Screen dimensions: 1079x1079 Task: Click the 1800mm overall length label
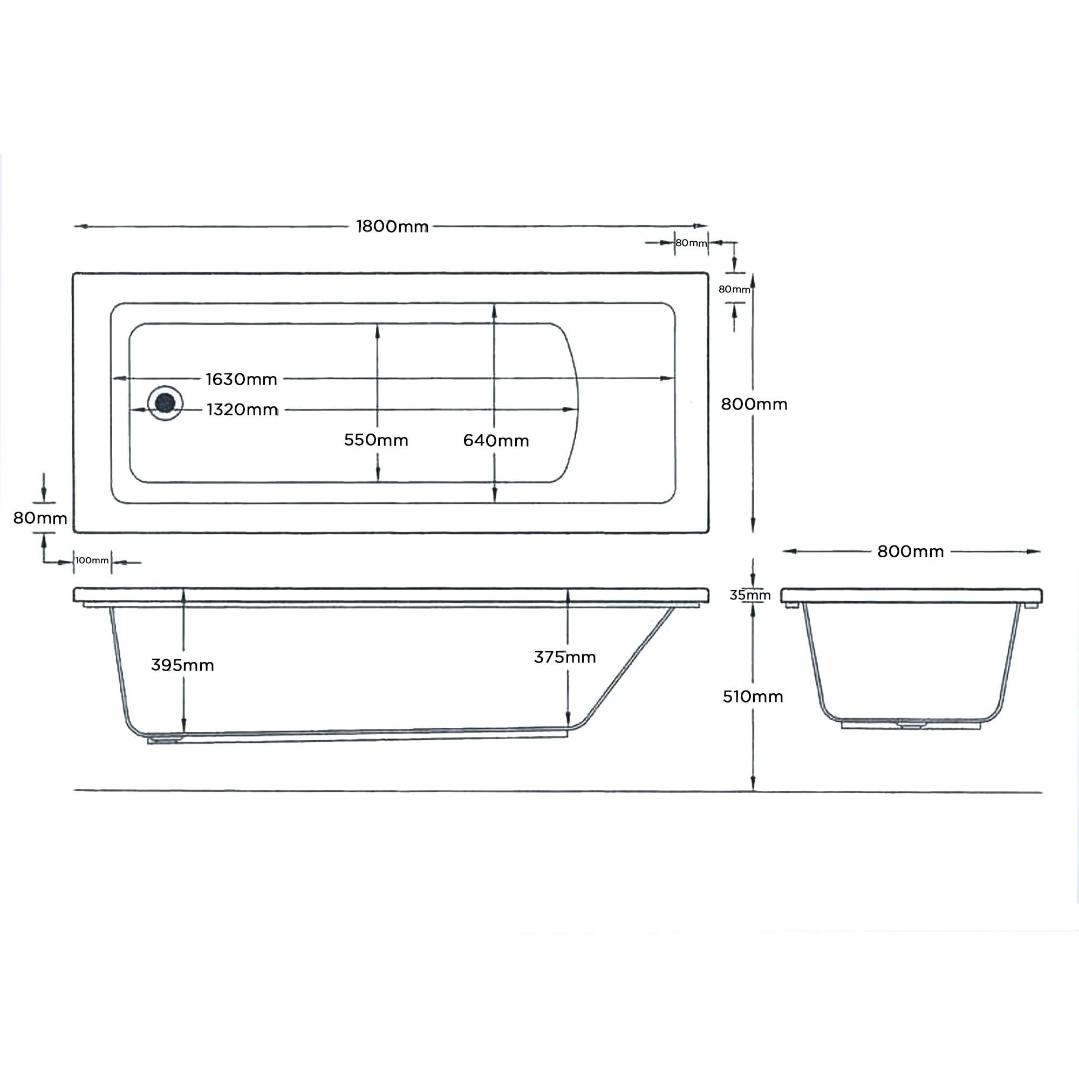392,226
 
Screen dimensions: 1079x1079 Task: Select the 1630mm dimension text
241,379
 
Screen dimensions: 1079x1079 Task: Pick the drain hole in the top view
165,402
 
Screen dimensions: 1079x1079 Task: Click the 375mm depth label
565,657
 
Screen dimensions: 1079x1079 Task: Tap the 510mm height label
752,696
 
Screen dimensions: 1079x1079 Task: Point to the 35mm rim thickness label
749,596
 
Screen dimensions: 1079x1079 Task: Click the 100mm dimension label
92,560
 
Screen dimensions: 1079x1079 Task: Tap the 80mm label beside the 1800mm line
691,243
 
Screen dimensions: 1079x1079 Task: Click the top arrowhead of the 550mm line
378,331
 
